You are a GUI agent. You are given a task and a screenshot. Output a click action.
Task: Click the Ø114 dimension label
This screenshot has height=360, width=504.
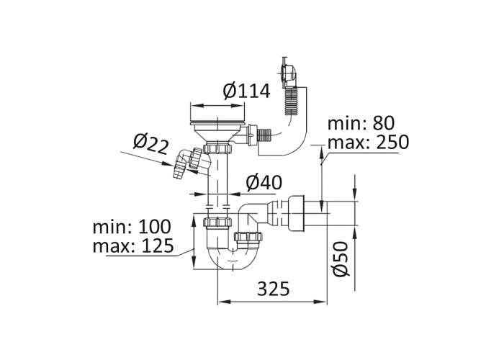pyautogui.click(x=246, y=91)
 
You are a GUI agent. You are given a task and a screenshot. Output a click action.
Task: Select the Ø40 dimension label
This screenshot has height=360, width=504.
pyautogui.click(x=263, y=184)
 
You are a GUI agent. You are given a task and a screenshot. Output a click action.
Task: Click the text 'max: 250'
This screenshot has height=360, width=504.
pyautogui.click(x=368, y=142)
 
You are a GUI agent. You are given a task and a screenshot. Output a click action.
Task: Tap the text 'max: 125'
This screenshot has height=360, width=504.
pyautogui.click(x=134, y=247)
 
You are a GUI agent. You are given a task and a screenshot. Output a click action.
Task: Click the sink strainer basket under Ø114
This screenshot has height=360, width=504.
pyautogui.click(x=217, y=125)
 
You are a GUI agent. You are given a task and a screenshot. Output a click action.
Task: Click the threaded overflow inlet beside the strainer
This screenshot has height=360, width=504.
pyautogui.click(x=264, y=133)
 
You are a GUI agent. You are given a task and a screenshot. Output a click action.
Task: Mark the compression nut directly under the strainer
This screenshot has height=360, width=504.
pyautogui.click(x=217, y=148)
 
